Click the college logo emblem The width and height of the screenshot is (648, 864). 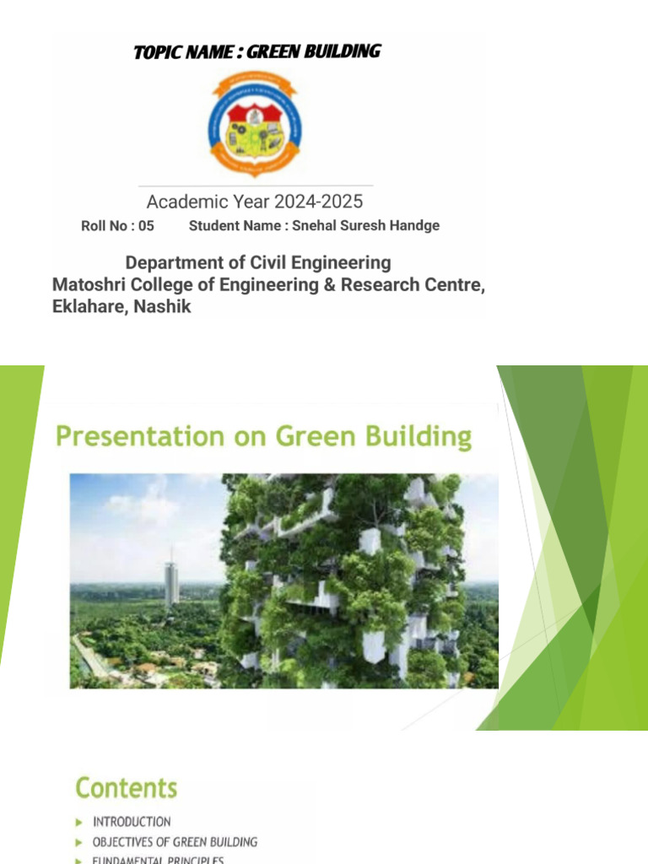point(255,123)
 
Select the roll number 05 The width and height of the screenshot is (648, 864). point(146,226)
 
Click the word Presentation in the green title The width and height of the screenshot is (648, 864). point(136,437)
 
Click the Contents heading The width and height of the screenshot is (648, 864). point(127,788)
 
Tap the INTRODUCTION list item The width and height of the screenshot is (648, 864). point(132,821)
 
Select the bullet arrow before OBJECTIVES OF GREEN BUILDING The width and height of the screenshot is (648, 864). point(78,842)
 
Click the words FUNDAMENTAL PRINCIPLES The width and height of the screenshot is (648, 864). point(158,860)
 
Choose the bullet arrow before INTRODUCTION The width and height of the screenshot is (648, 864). point(78,821)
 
